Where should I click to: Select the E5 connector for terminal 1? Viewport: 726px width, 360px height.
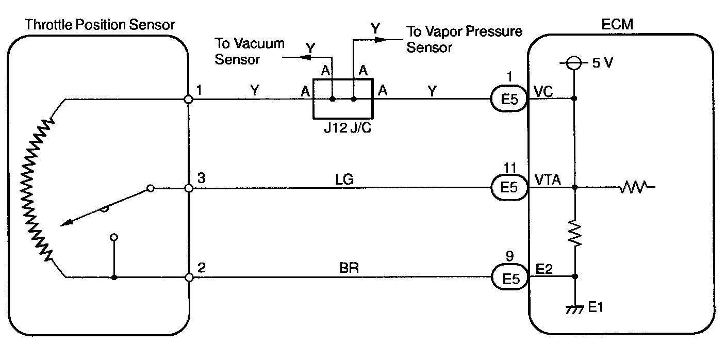(508, 99)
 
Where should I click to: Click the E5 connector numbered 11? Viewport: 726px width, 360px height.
(508, 188)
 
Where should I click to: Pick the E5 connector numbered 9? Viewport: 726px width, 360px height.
(508, 278)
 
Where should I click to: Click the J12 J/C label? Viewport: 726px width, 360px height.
(343, 127)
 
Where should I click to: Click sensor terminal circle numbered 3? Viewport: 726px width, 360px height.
(189, 189)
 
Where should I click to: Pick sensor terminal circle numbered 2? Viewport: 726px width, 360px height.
(189, 277)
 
